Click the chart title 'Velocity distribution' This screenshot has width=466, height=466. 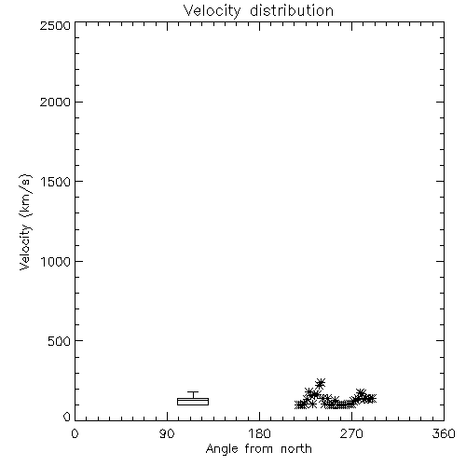258,11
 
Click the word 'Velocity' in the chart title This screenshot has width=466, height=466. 212,11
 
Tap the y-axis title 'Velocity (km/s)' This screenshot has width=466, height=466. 25,222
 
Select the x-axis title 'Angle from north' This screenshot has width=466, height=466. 258,449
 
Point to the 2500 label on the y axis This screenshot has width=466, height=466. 55,25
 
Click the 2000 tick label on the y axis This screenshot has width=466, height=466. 55,102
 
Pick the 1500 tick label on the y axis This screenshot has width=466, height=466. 56,182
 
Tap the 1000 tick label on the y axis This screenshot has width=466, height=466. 56,261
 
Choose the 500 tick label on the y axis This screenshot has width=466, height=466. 60,341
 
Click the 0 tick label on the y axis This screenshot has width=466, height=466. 67,417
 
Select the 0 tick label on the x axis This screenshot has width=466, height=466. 75,433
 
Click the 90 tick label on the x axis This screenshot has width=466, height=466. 167,433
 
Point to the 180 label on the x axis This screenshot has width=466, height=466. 260,433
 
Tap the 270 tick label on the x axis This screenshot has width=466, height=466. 351,433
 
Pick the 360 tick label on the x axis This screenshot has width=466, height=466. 444,433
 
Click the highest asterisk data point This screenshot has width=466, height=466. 320,384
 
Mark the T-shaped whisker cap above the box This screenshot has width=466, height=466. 193,392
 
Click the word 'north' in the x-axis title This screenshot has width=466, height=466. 296,449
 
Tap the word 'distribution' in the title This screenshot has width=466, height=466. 292,11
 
